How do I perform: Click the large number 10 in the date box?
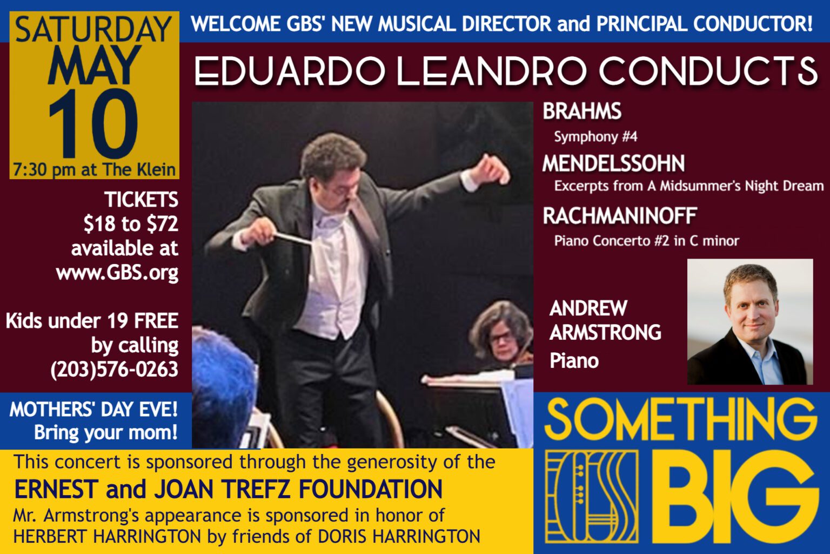(x=93, y=123)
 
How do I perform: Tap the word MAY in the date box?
(x=95, y=65)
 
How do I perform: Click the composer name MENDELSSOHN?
(x=614, y=163)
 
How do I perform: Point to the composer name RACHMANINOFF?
(x=620, y=216)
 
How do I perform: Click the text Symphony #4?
(x=595, y=136)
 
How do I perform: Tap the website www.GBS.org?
(x=117, y=273)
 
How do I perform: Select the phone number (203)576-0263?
(x=114, y=369)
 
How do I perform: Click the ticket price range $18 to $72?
(x=130, y=224)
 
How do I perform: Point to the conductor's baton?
(x=292, y=238)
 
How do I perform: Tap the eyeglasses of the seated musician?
(x=501, y=338)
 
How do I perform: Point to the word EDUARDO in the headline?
(x=290, y=71)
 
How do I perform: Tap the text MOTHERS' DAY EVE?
(x=93, y=410)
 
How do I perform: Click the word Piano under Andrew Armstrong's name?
(x=574, y=361)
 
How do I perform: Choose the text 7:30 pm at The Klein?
(x=94, y=170)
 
